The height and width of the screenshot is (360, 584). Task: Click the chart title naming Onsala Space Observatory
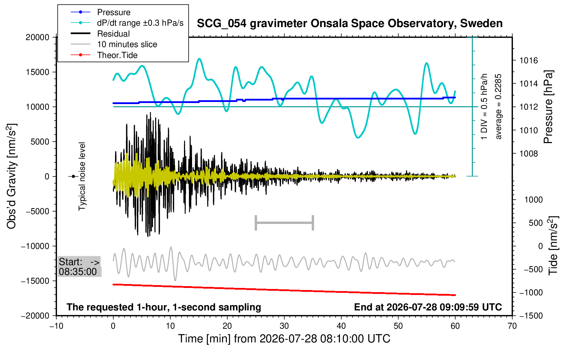coord(350,24)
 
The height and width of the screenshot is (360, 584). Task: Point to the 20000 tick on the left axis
coord(37,37)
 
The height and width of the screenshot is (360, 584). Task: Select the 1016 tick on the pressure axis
coord(528,60)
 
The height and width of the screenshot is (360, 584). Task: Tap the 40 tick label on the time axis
coord(341,326)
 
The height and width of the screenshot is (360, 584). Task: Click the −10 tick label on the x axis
coord(56,326)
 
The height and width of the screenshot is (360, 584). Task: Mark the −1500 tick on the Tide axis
coord(531,316)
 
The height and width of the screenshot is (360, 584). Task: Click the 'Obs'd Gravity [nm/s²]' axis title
coord(12,176)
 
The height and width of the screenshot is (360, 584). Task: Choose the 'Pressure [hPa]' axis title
coord(548,107)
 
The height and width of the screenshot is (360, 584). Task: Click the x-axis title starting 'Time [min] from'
coord(284,339)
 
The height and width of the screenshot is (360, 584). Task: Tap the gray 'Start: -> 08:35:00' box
coord(79,266)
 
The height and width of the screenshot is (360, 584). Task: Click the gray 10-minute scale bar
coord(285,223)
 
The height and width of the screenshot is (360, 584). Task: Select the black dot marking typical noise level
coord(74,176)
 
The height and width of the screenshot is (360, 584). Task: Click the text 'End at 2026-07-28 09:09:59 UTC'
coord(428,307)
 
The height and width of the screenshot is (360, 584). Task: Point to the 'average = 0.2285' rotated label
coord(498,107)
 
